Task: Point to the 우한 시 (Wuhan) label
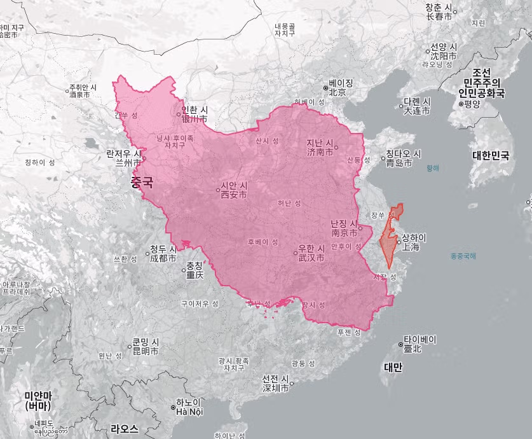[x=311, y=253]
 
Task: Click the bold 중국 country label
[x=142, y=183]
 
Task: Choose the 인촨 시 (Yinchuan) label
[x=194, y=114]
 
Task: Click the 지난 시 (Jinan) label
[x=320, y=147]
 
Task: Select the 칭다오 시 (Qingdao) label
[x=404, y=158]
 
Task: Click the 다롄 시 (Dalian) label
[x=416, y=106]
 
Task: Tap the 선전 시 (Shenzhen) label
[x=276, y=384]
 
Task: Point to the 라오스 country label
[x=124, y=428]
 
